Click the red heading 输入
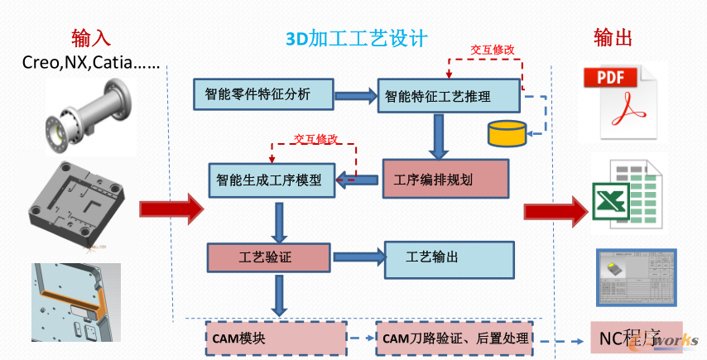[91, 38]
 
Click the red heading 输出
[613, 38]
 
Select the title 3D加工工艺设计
[356, 39]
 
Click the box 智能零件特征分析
[263, 94]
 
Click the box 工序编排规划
[445, 179]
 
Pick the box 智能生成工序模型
[271, 180]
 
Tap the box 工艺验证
[268, 257]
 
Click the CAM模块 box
[275, 338]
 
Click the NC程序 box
[635, 338]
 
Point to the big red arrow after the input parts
[171, 209]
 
